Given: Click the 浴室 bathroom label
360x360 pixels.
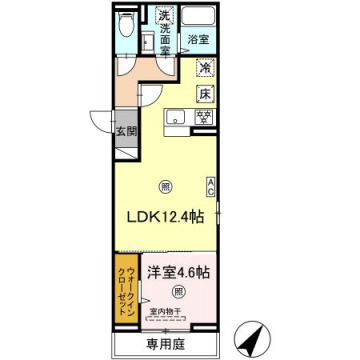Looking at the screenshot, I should pos(198,40).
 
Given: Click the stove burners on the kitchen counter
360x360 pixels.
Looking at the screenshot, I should pos(205,116).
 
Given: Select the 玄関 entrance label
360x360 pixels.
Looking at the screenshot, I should pos(125,131).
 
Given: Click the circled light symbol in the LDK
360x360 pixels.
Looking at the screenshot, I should pos(165,184).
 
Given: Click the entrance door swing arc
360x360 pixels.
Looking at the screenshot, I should pos(97,118).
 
